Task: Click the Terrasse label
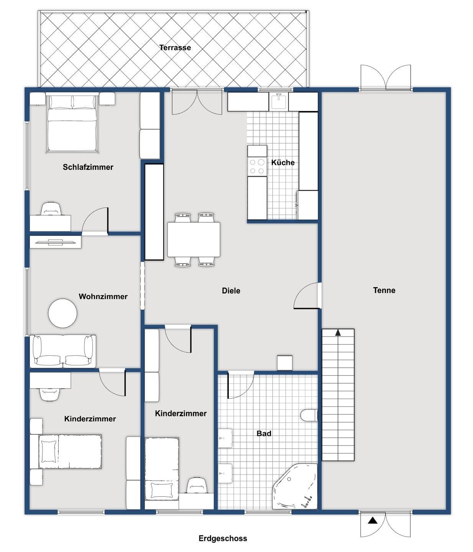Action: (x=175, y=48)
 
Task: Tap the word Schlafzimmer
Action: (x=88, y=167)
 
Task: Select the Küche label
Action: (x=283, y=163)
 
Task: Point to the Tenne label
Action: (x=384, y=290)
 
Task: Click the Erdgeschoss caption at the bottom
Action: (x=223, y=539)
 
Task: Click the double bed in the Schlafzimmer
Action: (x=72, y=123)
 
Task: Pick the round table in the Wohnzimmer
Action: (x=62, y=313)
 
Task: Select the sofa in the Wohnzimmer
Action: (x=63, y=351)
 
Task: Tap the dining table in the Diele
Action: (x=194, y=240)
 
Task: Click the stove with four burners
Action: (x=257, y=166)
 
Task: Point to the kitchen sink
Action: (x=279, y=102)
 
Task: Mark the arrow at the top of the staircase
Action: (x=338, y=332)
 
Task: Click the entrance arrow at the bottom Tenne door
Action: (x=373, y=521)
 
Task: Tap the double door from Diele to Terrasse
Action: (x=197, y=102)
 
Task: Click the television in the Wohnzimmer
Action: (x=56, y=242)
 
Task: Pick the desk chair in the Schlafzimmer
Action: (x=51, y=209)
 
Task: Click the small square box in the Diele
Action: (x=285, y=363)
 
